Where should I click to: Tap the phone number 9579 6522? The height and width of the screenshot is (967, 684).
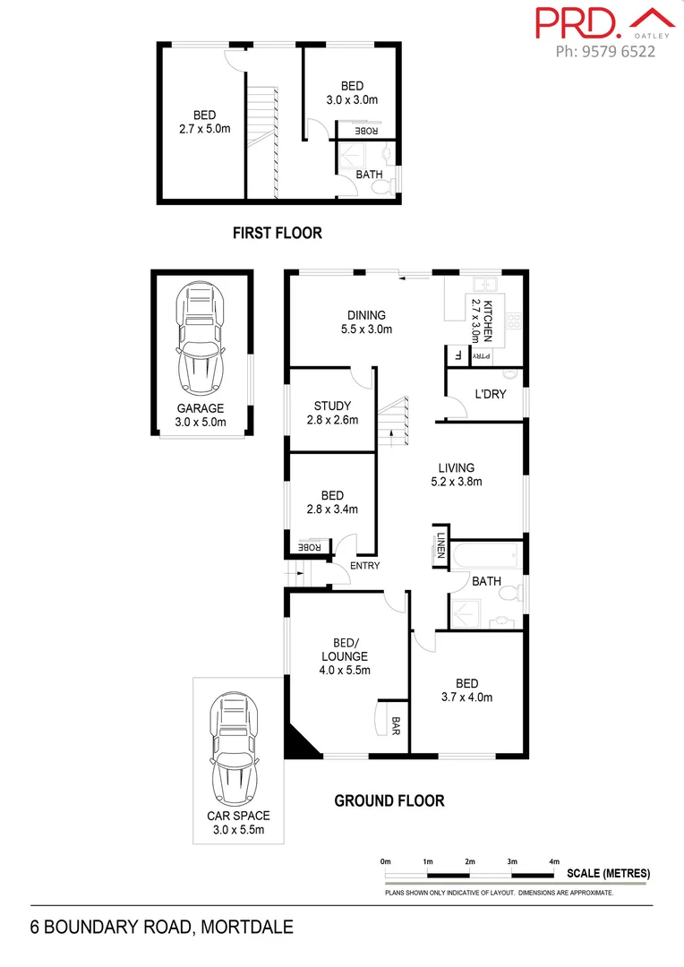605,51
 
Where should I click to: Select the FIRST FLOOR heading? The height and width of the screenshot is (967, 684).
277,233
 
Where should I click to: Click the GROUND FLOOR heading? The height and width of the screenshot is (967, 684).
389,800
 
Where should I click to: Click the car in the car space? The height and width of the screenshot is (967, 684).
236,751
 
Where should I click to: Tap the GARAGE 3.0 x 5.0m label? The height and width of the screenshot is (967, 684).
201,415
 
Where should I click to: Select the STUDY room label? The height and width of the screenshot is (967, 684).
332,413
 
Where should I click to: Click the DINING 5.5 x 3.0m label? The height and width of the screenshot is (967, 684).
367,321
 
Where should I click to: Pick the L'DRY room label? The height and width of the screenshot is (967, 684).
491,394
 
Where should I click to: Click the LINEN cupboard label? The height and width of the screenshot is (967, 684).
441,544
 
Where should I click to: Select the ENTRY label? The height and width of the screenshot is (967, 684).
365,566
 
